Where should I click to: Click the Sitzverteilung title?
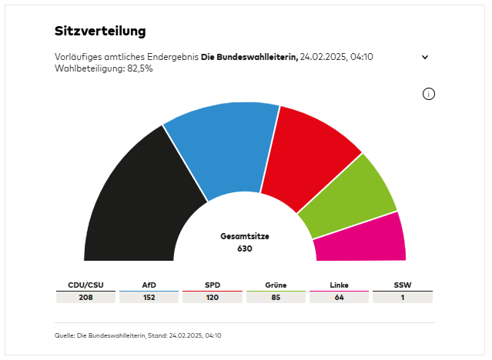(x=100, y=32)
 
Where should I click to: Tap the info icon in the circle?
(x=429, y=94)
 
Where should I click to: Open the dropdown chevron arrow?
(x=424, y=57)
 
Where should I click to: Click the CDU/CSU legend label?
(x=85, y=285)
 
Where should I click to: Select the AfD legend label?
(x=149, y=285)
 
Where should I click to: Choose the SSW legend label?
(x=402, y=285)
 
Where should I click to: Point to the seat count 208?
(x=85, y=298)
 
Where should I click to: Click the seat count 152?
(x=149, y=298)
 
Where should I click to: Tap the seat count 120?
(x=213, y=298)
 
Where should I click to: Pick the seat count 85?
(x=276, y=298)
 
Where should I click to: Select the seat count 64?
(x=339, y=298)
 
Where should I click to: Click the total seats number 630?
(x=245, y=248)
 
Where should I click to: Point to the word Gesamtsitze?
(x=245, y=236)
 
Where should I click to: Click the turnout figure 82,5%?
(x=139, y=68)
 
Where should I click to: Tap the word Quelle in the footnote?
(x=65, y=335)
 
